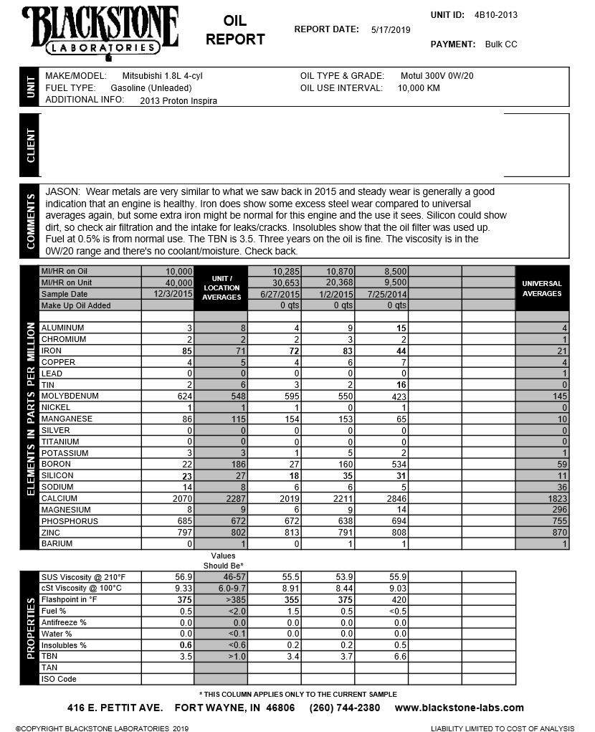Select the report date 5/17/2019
[391, 30]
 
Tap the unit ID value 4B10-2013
[496, 15]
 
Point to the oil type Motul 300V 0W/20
[437, 76]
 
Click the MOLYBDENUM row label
[70, 396]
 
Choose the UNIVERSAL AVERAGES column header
[542, 288]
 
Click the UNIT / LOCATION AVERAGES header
[222, 287]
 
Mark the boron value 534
[397, 465]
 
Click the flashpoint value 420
[399, 600]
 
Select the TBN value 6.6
[399, 656]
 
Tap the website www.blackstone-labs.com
[459, 708]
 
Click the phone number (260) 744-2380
[345, 708]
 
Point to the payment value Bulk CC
[500, 44]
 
